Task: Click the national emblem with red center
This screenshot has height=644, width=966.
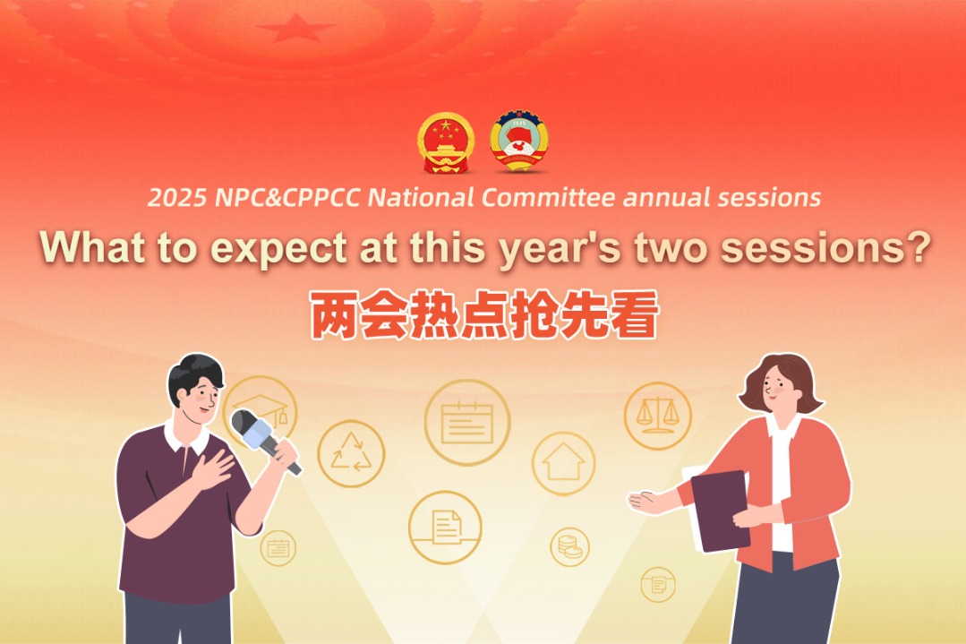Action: [x=446, y=142]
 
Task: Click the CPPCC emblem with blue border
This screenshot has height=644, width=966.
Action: [x=518, y=142]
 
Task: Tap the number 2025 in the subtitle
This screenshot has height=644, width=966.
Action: [x=177, y=198]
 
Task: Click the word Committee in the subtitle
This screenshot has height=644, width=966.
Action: [x=548, y=198]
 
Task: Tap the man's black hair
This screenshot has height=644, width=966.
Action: [x=195, y=373]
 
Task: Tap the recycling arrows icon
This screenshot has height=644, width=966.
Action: [x=350, y=453]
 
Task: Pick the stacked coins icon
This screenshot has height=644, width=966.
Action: [x=569, y=545]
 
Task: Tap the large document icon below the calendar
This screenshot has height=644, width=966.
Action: [x=445, y=527]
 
